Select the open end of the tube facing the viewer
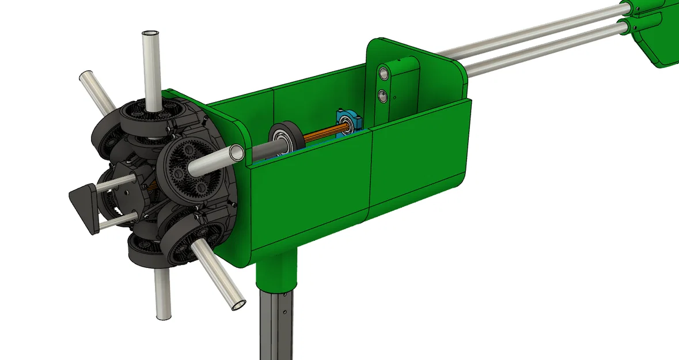[236, 154]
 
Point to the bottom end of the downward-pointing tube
[162, 314]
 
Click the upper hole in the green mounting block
[383, 74]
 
